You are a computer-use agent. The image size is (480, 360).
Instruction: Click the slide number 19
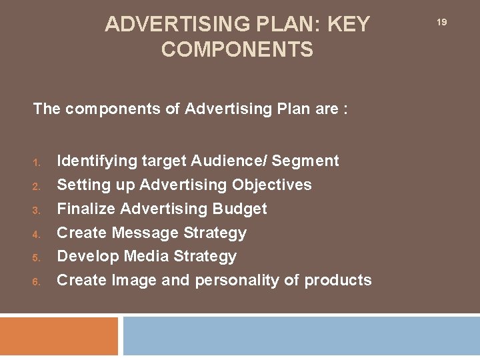click(x=441, y=23)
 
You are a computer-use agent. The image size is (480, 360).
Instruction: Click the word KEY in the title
click(x=347, y=25)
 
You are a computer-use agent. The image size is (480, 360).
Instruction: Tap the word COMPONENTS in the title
click(x=237, y=50)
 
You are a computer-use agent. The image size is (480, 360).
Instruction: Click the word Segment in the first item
click(x=305, y=161)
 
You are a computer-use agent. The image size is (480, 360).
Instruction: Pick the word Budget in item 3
click(x=239, y=209)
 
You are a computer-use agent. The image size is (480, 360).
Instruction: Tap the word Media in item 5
click(x=146, y=256)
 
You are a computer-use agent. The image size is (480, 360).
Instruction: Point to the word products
click(x=338, y=280)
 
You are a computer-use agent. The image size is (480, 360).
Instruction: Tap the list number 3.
click(x=37, y=210)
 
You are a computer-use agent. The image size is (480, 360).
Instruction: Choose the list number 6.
click(x=37, y=281)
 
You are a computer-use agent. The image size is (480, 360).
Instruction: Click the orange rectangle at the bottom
click(x=59, y=336)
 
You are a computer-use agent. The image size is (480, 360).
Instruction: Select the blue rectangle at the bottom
click(x=301, y=336)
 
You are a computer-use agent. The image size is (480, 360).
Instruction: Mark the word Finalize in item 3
click(x=86, y=209)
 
